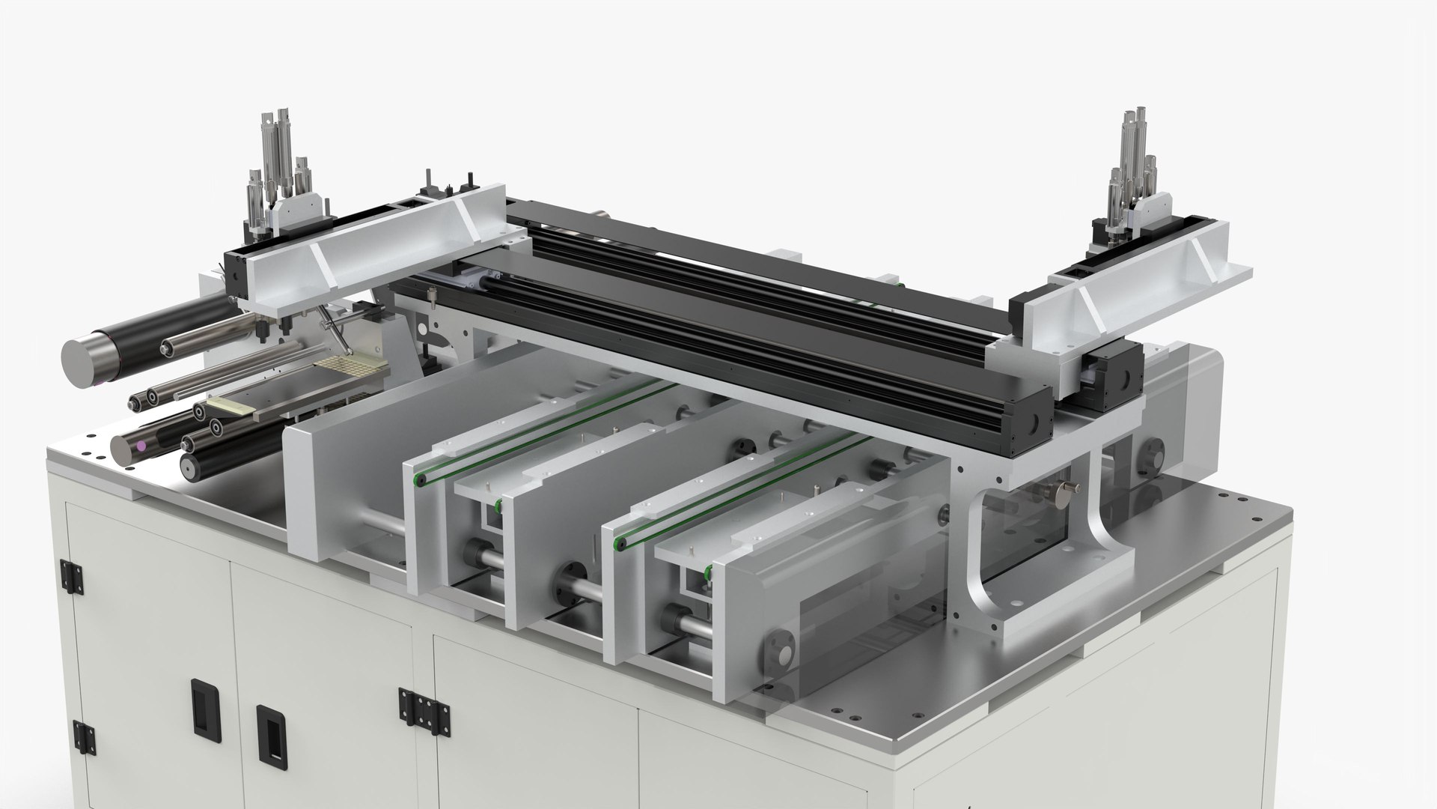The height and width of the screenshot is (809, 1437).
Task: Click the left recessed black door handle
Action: pos(201,705)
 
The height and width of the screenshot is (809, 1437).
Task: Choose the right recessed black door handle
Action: pos(267,727)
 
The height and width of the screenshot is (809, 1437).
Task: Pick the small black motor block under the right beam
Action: pos(1112,366)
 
